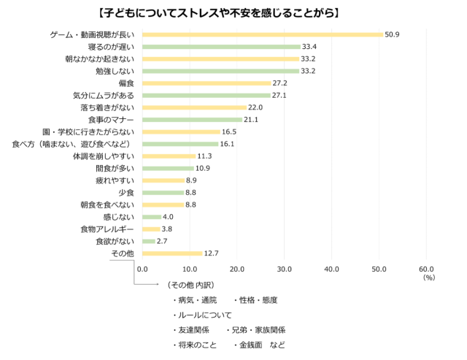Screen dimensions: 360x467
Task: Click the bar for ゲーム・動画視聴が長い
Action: point(263,34)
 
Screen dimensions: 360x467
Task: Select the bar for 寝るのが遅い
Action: point(221,47)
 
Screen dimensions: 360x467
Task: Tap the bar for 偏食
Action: point(207,83)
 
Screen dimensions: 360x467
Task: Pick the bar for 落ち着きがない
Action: point(194,107)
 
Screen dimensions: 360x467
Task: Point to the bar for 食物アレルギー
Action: point(151,229)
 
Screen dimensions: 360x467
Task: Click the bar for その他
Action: point(172,253)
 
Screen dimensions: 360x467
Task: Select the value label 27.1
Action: point(281,96)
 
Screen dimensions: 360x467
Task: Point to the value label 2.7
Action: point(162,241)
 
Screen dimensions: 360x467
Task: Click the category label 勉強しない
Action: point(115,71)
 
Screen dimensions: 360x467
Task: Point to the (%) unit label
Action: point(428,277)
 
